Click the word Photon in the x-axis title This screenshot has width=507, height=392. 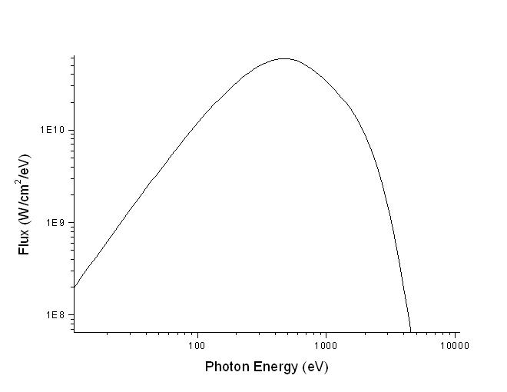(x=226, y=367)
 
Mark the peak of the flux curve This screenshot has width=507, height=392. (x=285, y=58)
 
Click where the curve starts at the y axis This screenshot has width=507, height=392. (x=75, y=287)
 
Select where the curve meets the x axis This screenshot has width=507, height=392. (x=411, y=331)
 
